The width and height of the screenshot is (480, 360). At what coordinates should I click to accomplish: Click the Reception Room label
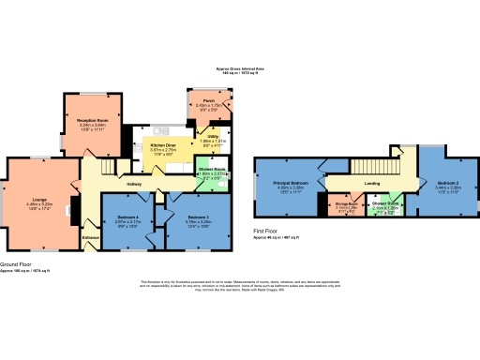point(93,120)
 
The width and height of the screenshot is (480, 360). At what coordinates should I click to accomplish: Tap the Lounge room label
point(40,199)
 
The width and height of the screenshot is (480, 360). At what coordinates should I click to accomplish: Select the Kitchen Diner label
point(164,146)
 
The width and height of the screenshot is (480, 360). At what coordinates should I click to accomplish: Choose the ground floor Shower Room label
point(212,170)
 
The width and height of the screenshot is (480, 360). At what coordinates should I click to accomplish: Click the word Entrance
point(91,238)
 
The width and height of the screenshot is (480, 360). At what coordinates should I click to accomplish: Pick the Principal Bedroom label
point(290,183)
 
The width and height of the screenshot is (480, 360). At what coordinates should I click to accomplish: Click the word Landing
point(371,184)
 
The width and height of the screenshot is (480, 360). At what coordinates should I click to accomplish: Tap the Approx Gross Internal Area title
point(239,68)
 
